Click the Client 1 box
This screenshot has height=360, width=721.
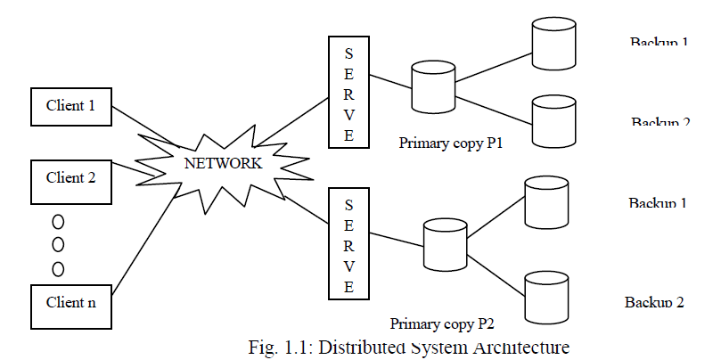click(x=70, y=107)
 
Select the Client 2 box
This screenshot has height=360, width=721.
click(x=70, y=176)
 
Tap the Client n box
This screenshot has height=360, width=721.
click(x=70, y=301)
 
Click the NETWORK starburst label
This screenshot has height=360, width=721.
click(x=223, y=163)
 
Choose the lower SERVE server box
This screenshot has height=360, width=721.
click(x=348, y=241)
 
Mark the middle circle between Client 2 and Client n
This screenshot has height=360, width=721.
click(x=58, y=244)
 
